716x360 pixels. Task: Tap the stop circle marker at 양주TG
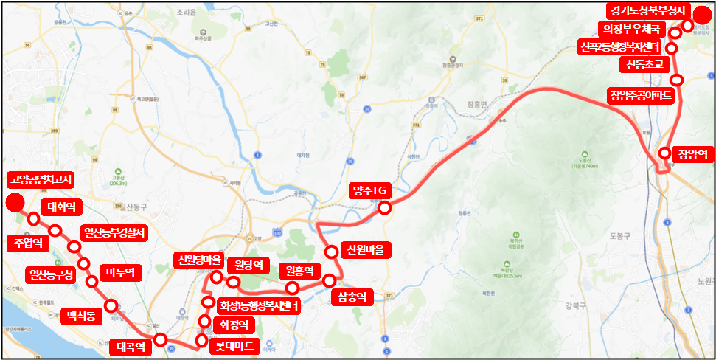[384, 208]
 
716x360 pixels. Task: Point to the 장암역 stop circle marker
[665, 153]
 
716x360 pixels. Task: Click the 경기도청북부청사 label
[647, 11]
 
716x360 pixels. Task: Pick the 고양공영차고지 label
[41, 179]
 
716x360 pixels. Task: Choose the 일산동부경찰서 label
[114, 233]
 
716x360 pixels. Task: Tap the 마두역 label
[119, 273]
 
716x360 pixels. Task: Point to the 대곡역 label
[134, 345]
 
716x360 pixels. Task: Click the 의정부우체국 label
[630, 29]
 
